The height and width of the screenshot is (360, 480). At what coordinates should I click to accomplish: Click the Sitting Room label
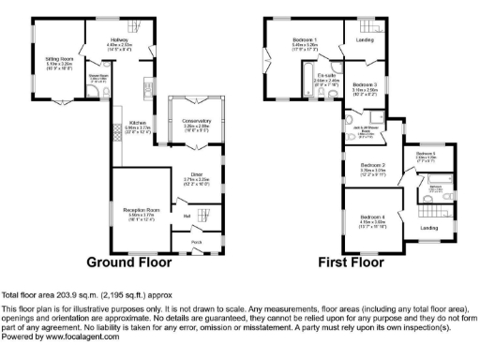pyautogui.click(x=60, y=58)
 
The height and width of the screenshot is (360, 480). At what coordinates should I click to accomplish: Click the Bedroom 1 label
pyautogui.click(x=303, y=39)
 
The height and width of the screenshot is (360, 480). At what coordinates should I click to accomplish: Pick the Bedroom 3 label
pyautogui.click(x=365, y=85)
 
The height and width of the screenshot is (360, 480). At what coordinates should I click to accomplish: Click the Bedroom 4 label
pyautogui.click(x=372, y=217)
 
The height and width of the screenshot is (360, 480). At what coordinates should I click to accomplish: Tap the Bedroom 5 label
pyautogui.click(x=427, y=153)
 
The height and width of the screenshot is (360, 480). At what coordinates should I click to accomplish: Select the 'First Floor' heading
pyautogui.click(x=351, y=262)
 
